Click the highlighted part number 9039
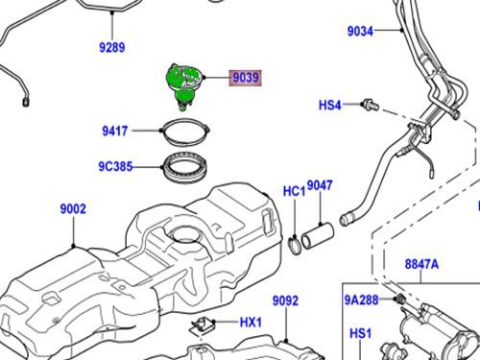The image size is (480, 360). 245,78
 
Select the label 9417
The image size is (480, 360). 115,131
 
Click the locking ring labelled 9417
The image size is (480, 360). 186,132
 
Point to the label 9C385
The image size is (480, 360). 115,167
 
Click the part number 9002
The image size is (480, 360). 73,209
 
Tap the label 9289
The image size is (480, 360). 112,47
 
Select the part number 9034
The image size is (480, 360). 360,32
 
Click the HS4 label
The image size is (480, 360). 330,106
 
